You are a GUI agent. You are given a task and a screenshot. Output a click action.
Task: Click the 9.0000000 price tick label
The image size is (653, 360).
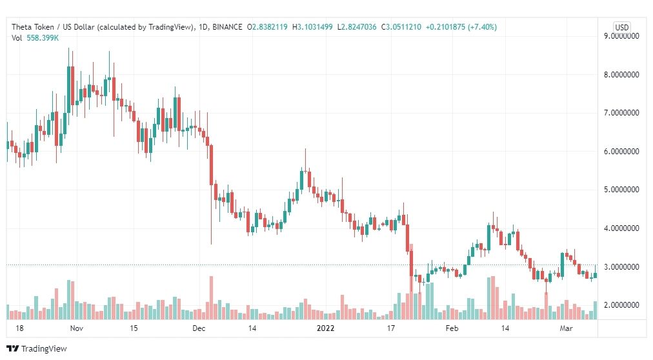tap(621, 36)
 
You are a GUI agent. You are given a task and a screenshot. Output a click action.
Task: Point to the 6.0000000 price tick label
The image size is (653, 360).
tap(621, 152)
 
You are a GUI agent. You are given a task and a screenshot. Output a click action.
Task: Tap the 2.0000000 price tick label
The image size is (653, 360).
tap(621, 305)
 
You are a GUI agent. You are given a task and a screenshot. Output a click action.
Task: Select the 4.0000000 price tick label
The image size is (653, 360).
tap(621, 228)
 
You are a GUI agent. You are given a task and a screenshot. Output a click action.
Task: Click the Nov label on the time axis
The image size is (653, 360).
tap(77, 328)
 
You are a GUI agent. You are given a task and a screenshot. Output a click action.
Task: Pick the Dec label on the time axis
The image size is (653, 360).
tap(199, 328)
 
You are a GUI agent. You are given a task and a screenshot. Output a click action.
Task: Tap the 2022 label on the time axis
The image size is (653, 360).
tap(325, 328)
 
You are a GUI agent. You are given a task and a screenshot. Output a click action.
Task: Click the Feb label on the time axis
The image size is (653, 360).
tap(452, 328)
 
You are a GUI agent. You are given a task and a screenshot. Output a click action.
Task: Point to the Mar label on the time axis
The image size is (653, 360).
tap(566, 328)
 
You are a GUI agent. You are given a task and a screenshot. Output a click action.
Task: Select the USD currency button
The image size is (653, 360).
tap(622, 27)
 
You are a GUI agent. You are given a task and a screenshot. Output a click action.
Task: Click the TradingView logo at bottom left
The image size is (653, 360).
tap(37, 348)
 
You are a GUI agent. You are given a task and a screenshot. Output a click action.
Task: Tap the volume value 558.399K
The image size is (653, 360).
tap(43, 38)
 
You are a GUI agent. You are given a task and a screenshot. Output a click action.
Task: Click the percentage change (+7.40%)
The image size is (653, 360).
tap(482, 27)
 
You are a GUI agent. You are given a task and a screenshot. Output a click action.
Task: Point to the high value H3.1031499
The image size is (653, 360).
tap(312, 27)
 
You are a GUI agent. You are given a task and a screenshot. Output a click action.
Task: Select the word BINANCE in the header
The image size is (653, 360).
tap(227, 27)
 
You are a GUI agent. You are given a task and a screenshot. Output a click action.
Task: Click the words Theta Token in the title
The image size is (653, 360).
tap(33, 27)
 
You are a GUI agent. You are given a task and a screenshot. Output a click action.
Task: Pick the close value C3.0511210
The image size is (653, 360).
tap(401, 27)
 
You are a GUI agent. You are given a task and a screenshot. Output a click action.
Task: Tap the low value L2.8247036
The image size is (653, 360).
tap(357, 27)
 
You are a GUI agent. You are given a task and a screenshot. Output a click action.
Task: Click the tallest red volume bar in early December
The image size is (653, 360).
tap(211, 297)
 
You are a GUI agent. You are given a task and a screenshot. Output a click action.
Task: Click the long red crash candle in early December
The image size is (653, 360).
tap(211, 165)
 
